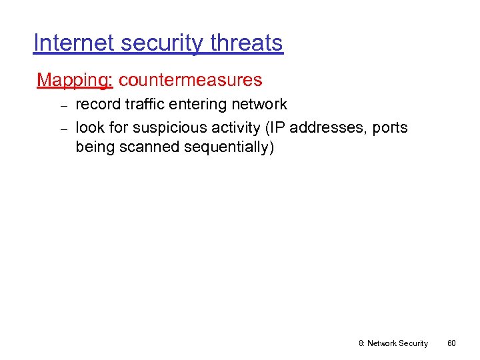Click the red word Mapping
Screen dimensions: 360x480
75,81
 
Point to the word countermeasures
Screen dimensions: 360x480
191,81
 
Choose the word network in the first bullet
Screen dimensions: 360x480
259,105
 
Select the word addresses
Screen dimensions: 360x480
327,127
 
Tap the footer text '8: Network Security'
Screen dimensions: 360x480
393,343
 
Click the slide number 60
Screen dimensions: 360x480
451,343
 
